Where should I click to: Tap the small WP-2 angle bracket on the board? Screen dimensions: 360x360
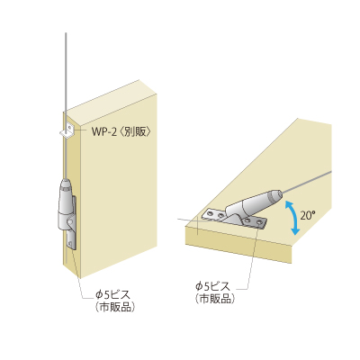click(67, 130)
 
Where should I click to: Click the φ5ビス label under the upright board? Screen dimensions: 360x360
click(113, 295)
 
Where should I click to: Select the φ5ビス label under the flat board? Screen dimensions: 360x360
click(212, 286)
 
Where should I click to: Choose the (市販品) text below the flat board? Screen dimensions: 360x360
click(214, 299)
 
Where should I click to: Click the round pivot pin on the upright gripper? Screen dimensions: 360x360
click(69, 222)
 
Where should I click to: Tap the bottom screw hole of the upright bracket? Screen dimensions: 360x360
click(71, 243)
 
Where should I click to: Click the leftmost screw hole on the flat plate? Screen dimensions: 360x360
click(210, 213)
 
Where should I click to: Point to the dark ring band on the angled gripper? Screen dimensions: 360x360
click(274, 196)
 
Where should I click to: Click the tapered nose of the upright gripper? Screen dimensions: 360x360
click(67, 184)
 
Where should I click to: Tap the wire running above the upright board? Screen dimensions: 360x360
click(66, 72)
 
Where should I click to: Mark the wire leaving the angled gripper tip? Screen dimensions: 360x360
click(306, 180)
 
